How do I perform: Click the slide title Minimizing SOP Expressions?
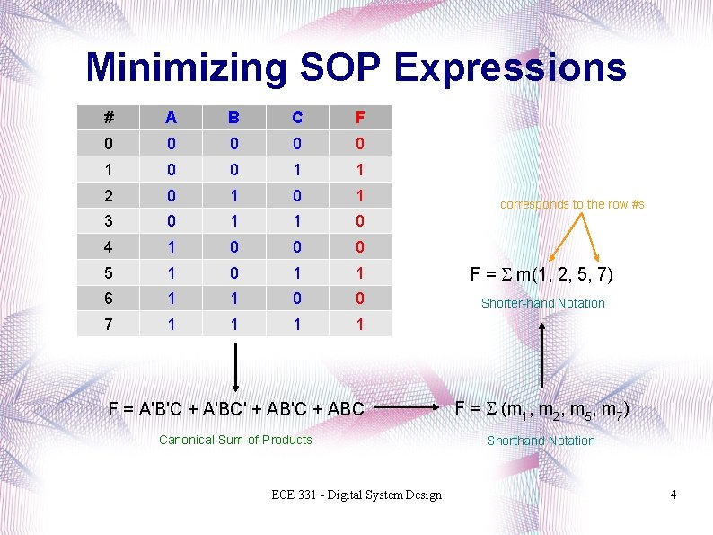(356, 67)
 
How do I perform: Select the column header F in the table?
(360, 118)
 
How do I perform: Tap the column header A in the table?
(171, 118)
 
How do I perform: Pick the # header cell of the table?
(109, 118)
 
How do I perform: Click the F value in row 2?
(360, 194)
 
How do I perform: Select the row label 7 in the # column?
(109, 324)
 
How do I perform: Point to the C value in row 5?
(297, 272)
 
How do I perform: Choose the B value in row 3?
(233, 220)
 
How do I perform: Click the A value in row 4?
(171, 246)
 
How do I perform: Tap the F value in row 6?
(360, 298)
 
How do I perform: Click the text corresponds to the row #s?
(572, 204)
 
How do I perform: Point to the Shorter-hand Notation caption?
(543, 303)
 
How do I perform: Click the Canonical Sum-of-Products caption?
(235, 440)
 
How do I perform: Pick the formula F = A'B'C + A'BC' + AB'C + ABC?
(236, 409)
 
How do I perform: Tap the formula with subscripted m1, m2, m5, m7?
(541, 410)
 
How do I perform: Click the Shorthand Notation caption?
(541, 441)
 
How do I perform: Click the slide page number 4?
(673, 495)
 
